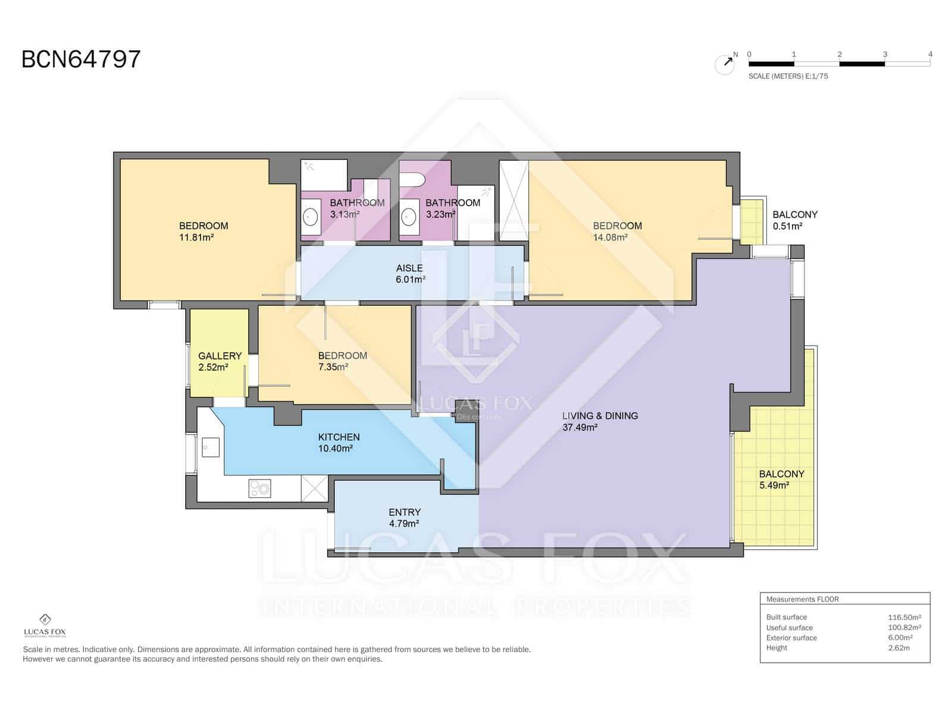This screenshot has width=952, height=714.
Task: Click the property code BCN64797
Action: coord(81,59)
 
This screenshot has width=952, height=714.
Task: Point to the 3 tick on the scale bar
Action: coord(885,55)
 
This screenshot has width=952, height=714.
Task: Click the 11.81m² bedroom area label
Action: coord(196,237)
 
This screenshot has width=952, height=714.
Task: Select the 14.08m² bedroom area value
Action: coord(610,237)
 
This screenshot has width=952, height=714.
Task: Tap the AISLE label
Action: coord(409,268)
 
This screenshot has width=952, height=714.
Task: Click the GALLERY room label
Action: coord(220,356)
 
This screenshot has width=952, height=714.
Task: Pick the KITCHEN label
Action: coord(339,437)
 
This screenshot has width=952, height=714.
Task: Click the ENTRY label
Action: coord(405,512)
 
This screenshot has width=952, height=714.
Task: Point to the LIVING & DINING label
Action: coord(600,416)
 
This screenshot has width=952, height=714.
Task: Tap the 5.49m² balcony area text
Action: coord(774,486)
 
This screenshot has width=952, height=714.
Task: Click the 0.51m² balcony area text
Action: coord(787,226)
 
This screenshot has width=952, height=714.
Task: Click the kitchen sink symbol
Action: coord(211,447)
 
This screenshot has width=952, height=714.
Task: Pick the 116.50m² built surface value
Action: coord(904,617)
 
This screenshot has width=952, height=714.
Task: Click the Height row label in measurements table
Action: coord(776,648)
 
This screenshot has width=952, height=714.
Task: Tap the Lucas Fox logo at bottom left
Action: coord(45,625)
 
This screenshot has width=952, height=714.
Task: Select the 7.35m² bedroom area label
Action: coord(333,367)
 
